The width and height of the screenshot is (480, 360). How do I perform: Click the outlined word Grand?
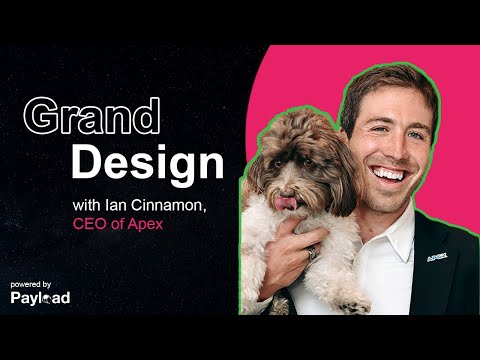coord(92,117)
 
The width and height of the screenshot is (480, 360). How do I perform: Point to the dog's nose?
coord(289,183)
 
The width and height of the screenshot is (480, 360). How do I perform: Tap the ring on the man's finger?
coord(311,253)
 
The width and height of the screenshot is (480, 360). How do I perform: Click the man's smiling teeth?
coord(386,173)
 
